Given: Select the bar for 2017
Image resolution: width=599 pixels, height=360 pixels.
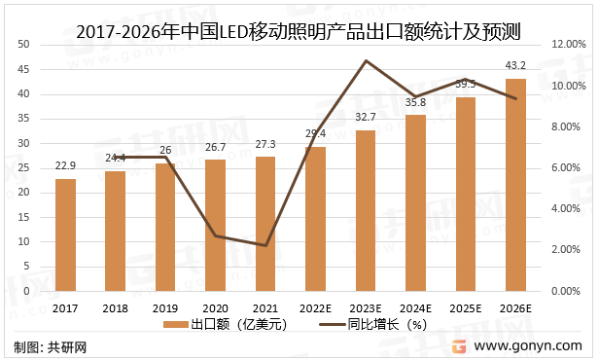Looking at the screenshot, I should coord(65,234).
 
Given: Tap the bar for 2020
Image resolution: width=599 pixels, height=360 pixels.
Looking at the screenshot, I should coord(215,225).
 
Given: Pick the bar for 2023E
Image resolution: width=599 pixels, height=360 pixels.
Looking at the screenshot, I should coord(365,210).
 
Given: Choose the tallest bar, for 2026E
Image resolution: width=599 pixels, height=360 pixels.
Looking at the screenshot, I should coord(514,184).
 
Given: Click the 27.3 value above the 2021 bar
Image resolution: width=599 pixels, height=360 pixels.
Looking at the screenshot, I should coord(265,145).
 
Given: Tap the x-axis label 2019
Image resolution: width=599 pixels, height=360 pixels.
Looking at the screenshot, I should coord(165,308).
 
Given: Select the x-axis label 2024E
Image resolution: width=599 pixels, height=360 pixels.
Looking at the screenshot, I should coord(415,308).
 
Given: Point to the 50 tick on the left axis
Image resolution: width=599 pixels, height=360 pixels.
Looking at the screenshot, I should coord(24,45).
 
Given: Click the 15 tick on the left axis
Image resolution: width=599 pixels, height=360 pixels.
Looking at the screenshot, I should coord(24,217).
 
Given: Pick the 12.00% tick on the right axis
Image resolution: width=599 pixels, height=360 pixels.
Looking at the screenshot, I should coord(570,45).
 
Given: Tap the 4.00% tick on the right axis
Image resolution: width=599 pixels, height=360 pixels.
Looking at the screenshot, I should coord(568,209).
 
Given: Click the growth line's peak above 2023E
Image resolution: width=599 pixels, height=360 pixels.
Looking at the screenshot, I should coord(365,60).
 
